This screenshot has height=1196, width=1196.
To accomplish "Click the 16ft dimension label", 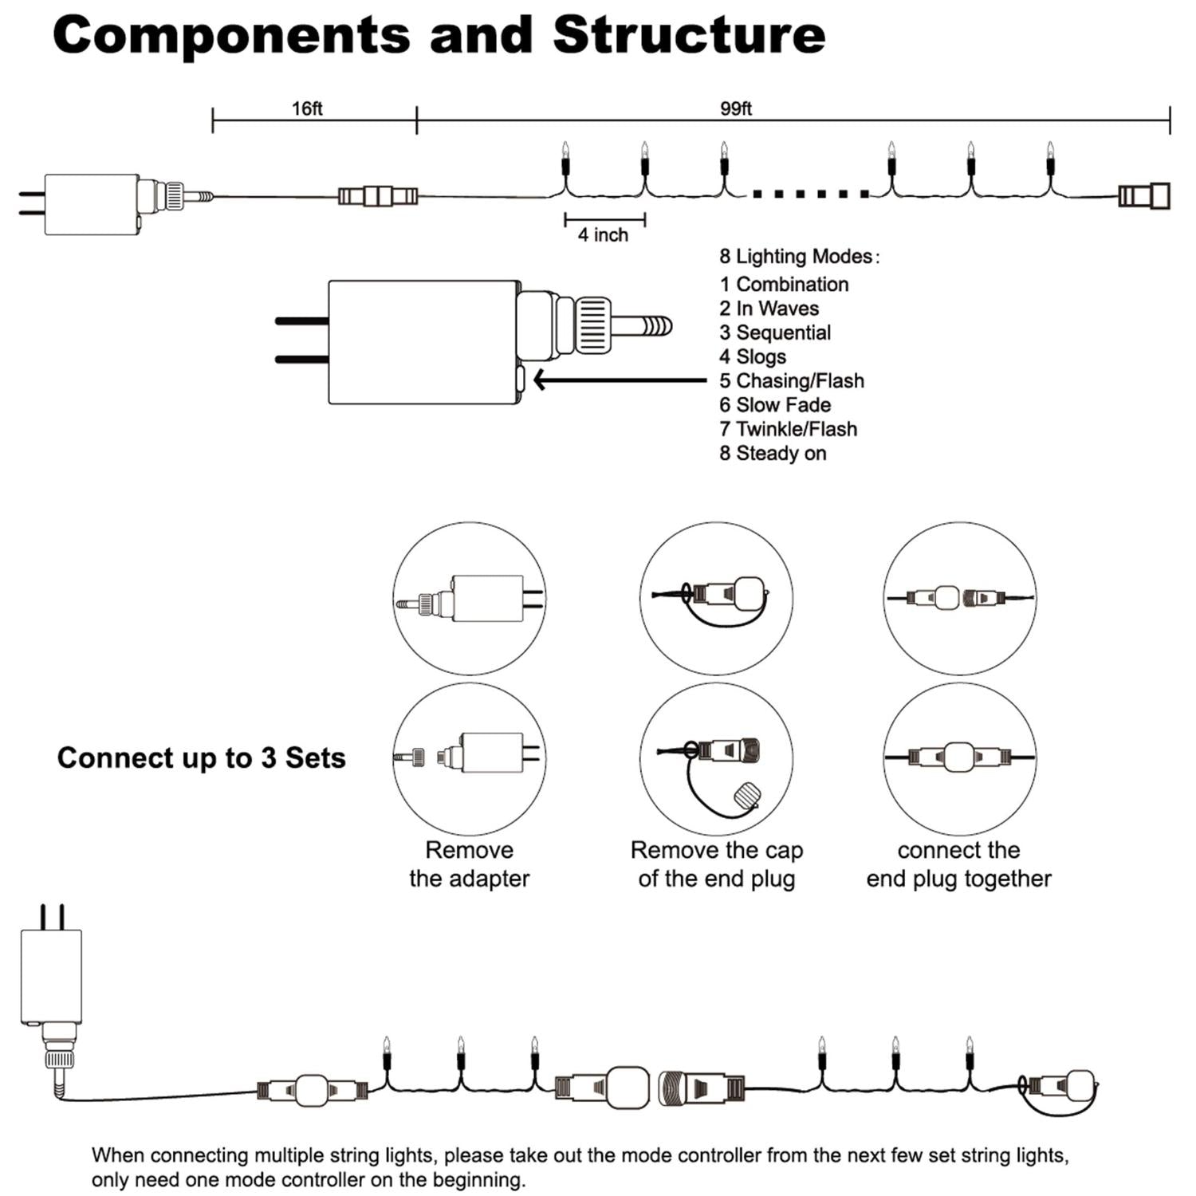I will click(307, 108).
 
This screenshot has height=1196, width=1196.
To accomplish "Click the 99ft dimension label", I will click(735, 108).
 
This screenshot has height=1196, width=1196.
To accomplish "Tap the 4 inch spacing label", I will click(603, 235).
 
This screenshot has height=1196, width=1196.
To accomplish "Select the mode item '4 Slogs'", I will click(753, 356).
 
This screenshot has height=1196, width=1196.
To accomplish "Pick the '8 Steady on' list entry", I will click(773, 453).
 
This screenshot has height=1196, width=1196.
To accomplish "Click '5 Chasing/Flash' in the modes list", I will click(791, 380).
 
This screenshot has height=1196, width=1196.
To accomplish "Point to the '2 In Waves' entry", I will click(769, 309).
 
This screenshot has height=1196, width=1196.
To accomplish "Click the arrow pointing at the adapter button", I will click(618, 380).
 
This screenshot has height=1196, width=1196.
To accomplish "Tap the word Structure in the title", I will click(689, 35).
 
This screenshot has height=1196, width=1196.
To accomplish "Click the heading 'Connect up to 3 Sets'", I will click(201, 757).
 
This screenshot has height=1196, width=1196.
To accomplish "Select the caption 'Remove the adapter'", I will click(469, 864).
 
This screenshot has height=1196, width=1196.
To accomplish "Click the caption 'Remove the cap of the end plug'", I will click(716, 864).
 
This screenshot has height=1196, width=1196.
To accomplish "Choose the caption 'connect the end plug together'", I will click(958, 864).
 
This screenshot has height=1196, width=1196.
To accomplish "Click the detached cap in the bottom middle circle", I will click(747, 796).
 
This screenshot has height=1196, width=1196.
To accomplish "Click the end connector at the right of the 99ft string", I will click(1143, 195).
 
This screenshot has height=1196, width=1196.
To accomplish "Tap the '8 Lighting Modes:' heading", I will click(799, 256).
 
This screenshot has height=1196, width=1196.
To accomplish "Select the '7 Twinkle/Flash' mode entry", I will click(788, 429).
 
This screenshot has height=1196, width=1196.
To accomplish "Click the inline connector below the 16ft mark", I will click(378, 195).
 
